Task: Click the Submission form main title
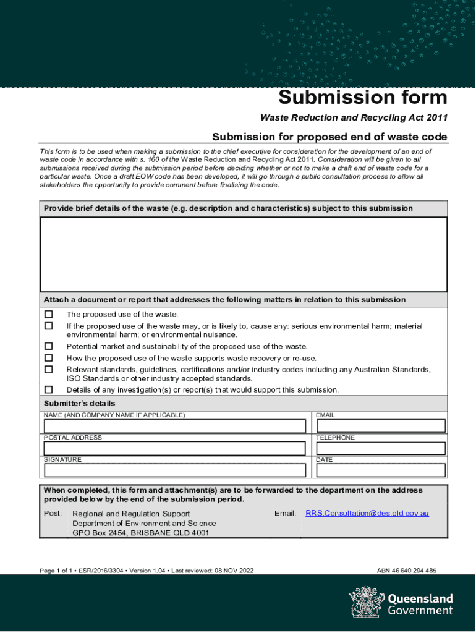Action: (362, 98)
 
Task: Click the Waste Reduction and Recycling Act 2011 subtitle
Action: (354, 118)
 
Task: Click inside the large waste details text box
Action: (244, 254)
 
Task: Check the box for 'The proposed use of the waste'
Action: (49, 315)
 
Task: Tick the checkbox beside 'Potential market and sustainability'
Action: (49, 347)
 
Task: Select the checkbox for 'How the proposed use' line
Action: (49, 358)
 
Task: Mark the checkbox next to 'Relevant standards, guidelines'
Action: (49, 370)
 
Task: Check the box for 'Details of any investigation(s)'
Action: (49, 390)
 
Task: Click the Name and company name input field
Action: (174, 427)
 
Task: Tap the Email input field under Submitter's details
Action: (380, 427)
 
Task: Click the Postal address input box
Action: (174, 448)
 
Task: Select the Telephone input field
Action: (380, 448)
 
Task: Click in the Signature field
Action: (174, 470)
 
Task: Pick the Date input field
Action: (380, 470)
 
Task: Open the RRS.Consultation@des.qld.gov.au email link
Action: (367, 514)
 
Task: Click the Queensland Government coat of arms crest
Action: (365, 602)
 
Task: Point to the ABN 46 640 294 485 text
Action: (406, 571)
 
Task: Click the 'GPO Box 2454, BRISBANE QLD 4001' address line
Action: (141, 533)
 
